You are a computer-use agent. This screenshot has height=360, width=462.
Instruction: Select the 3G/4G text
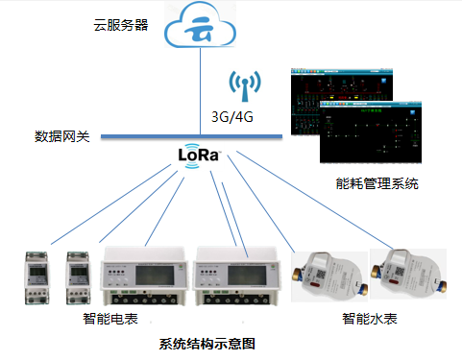(x=233, y=118)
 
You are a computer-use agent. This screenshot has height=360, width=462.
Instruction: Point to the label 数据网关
(x=61, y=136)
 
